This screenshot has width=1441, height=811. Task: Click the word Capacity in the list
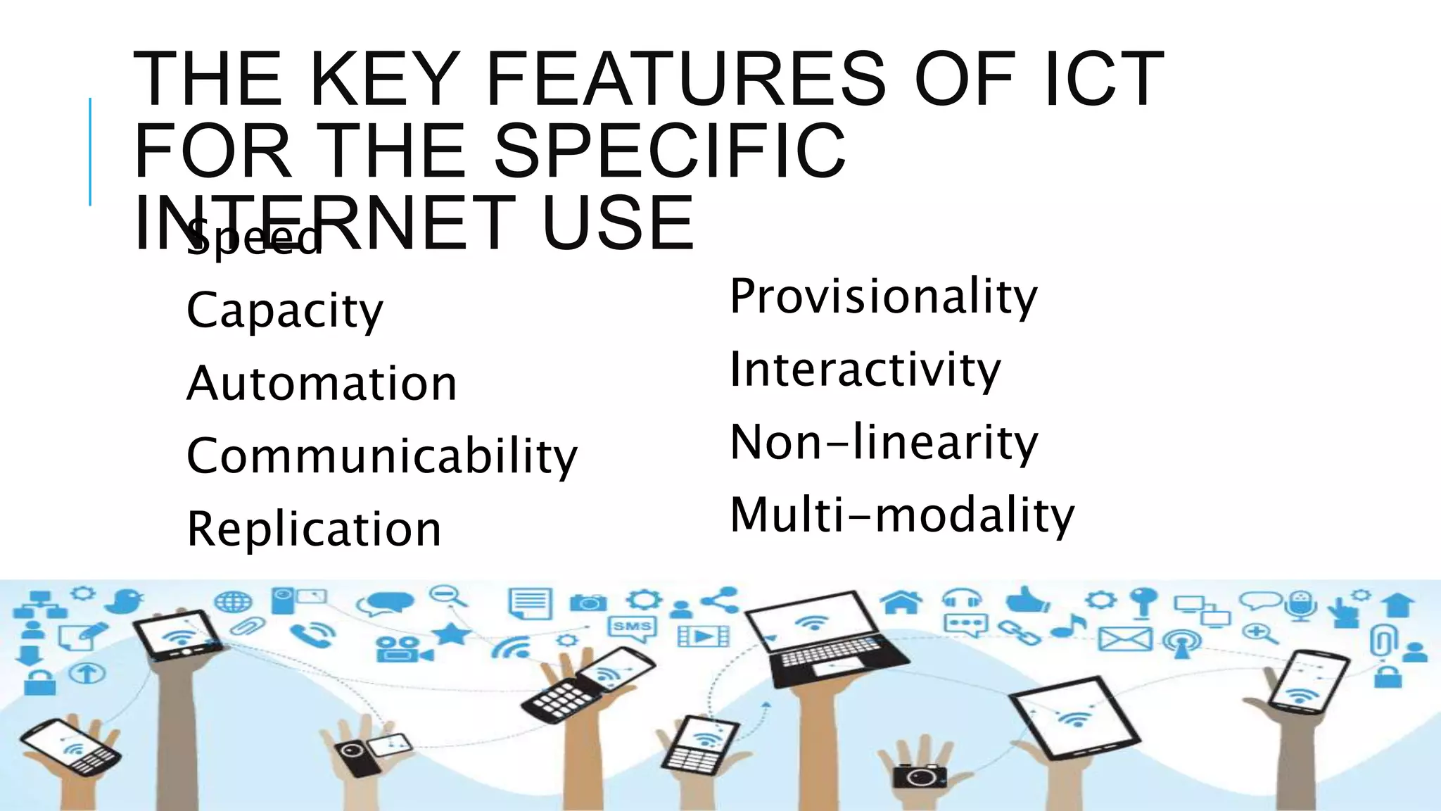284,310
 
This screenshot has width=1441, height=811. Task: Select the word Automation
322,384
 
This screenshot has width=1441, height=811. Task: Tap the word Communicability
381,456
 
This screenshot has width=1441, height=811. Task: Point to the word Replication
314,529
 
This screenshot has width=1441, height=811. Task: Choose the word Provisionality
883,296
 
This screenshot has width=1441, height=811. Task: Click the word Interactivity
865,370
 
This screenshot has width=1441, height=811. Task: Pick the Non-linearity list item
884,443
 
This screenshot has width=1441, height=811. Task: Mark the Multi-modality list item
902,515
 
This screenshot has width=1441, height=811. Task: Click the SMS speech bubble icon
632,627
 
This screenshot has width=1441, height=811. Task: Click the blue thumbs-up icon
1028,600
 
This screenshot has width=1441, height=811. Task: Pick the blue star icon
451,634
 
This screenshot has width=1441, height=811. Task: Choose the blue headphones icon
962,599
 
